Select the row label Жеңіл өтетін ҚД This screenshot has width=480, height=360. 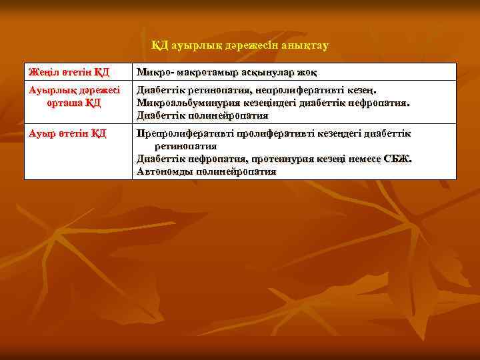tap(68, 72)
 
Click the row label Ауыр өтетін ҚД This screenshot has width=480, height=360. tap(67, 133)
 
